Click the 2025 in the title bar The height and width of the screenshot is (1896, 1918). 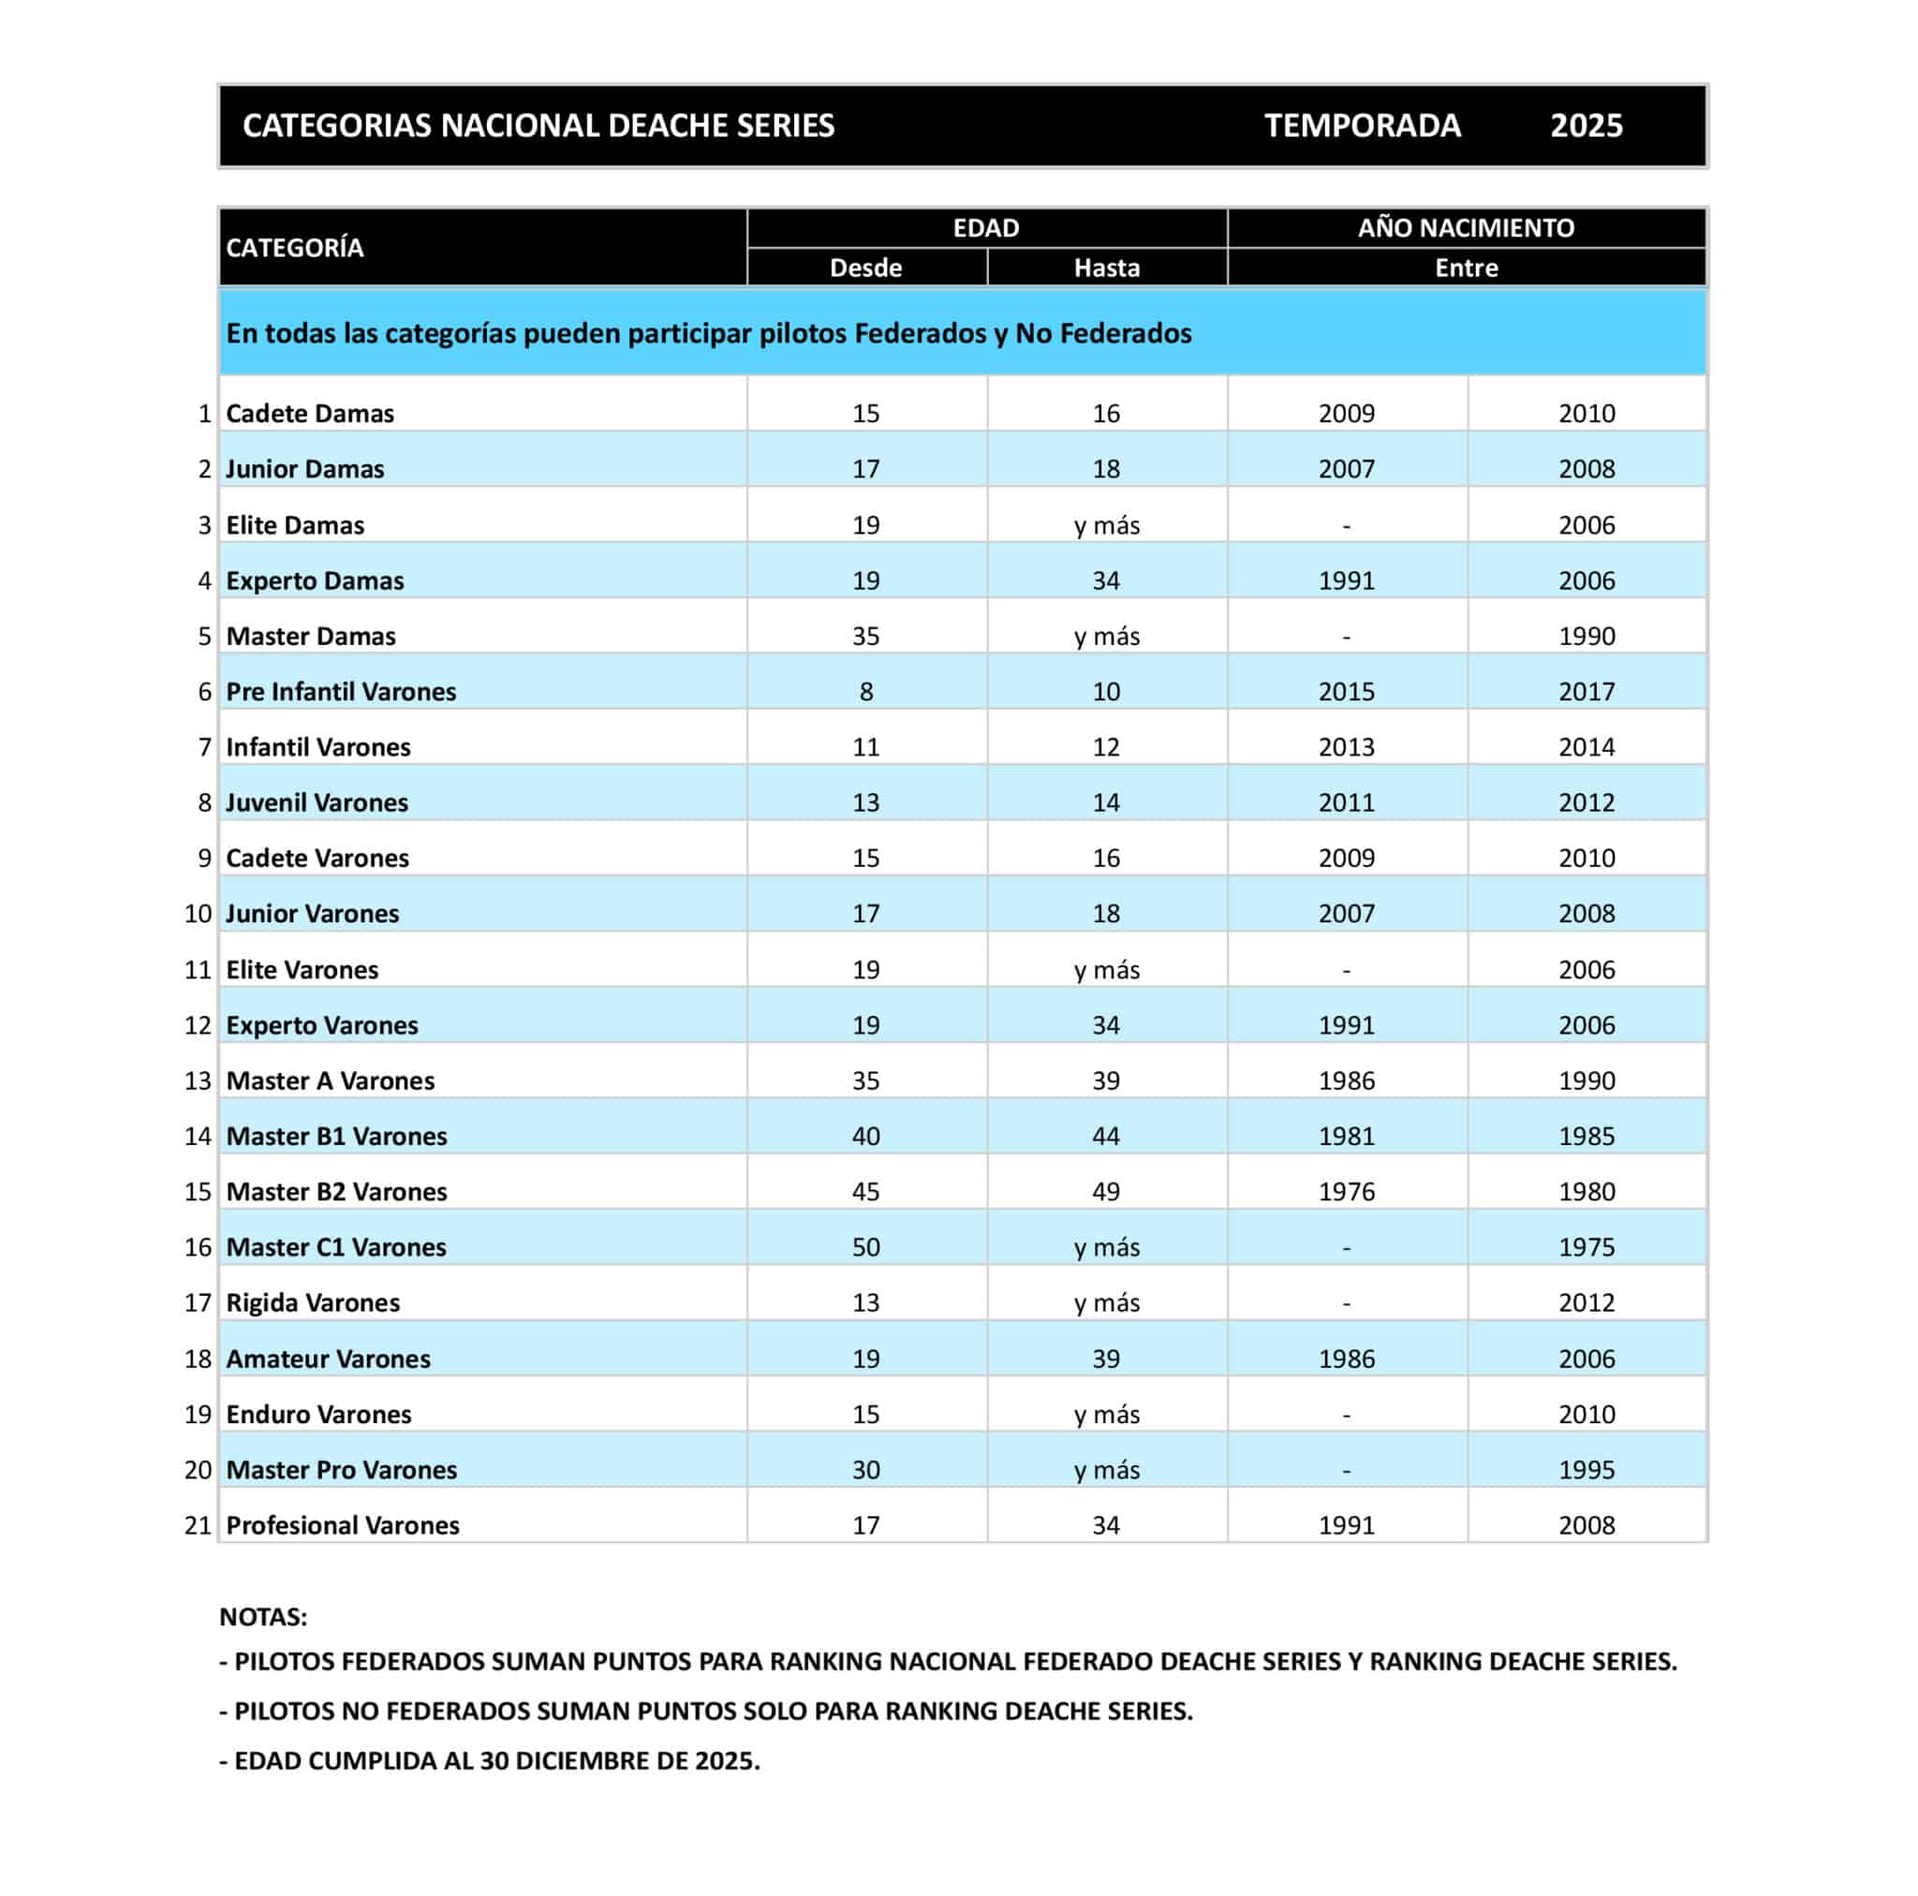[1586, 126]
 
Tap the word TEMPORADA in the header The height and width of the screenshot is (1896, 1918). [1362, 126]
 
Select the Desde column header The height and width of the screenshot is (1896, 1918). [865, 268]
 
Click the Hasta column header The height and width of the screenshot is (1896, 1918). [1106, 268]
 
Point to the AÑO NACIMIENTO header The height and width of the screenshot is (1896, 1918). [1466, 228]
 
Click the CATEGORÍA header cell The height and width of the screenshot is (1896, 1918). [295, 248]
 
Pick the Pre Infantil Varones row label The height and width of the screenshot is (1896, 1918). [341, 692]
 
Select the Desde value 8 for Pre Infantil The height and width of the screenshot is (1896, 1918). [865, 692]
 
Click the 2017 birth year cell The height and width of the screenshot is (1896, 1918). [1586, 692]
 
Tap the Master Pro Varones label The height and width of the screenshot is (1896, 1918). [342, 1470]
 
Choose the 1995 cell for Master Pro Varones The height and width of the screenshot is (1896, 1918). [1586, 1470]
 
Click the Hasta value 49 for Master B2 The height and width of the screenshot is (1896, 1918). [1106, 1192]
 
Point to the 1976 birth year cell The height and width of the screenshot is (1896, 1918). [1346, 1192]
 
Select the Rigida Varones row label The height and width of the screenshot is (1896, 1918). [313, 1303]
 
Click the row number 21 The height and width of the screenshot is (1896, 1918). [199, 1526]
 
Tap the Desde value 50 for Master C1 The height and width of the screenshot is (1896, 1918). [865, 1248]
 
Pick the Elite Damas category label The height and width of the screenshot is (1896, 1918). [295, 525]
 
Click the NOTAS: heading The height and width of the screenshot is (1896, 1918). [263, 1617]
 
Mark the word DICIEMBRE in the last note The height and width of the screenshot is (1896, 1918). [602, 1761]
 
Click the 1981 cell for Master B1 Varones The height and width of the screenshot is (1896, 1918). [1346, 1137]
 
